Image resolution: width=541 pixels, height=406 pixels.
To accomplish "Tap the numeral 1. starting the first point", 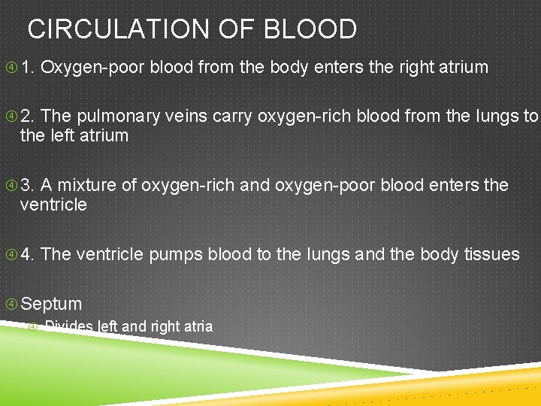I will tap(28, 68).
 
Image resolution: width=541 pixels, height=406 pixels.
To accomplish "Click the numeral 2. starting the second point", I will tap(28, 117).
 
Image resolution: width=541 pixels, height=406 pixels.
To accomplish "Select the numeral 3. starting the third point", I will tap(28, 185).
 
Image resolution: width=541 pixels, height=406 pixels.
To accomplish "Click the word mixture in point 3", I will tap(85, 185).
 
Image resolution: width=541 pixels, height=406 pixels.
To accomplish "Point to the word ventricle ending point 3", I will tap(53, 205).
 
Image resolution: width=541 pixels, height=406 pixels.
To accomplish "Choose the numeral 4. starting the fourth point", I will tap(28, 254).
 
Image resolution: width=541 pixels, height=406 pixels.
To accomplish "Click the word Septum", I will tap(52, 304).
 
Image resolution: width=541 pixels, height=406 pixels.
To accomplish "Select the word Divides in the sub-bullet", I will tap(68, 326).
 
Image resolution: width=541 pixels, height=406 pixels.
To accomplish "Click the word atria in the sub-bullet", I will tap(198, 326).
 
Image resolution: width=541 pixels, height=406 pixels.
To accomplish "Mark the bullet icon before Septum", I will tap(11, 304).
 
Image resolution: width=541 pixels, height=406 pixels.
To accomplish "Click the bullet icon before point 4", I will tap(11, 254).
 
